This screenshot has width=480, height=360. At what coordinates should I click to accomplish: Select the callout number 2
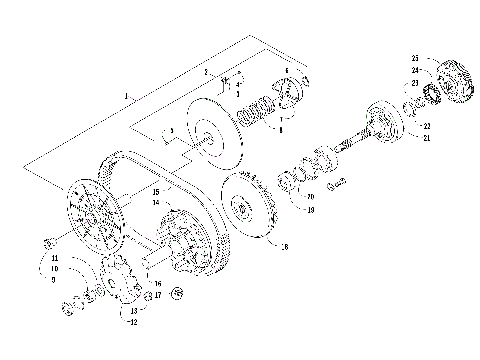point(205,73)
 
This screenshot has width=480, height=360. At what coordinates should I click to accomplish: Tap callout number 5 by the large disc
point(172,132)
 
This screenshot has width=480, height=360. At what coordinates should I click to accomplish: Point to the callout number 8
point(279,128)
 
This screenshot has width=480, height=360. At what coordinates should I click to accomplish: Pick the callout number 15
point(156,190)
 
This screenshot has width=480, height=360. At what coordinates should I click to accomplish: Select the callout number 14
point(156,203)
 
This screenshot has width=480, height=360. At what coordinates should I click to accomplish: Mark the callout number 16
point(158,284)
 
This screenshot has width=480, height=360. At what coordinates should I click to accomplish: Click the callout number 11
point(54,258)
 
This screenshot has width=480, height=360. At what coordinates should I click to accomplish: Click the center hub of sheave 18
point(242,208)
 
